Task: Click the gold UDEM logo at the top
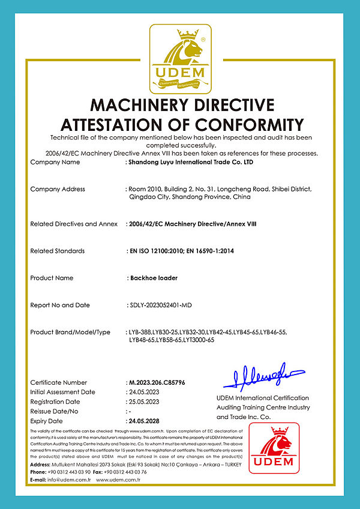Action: [x=180, y=57]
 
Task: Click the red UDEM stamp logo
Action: [x=274, y=447]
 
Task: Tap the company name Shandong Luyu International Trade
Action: [x=186, y=162]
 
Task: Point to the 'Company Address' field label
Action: [x=58, y=189]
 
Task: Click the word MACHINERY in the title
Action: [x=140, y=105]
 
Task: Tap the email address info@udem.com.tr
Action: [x=69, y=480]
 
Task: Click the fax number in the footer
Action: [x=123, y=472]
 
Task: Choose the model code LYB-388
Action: [x=139, y=332]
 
